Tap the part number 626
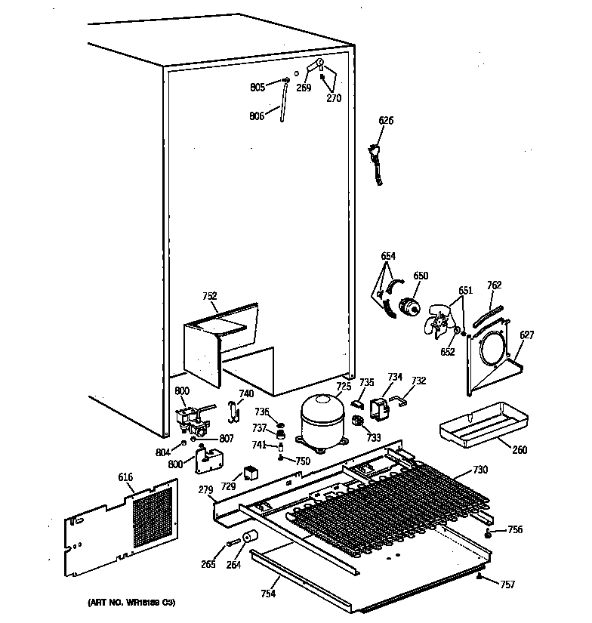click(x=386, y=121)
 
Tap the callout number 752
click(x=211, y=297)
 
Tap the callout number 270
click(x=334, y=97)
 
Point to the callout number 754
click(x=267, y=594)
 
